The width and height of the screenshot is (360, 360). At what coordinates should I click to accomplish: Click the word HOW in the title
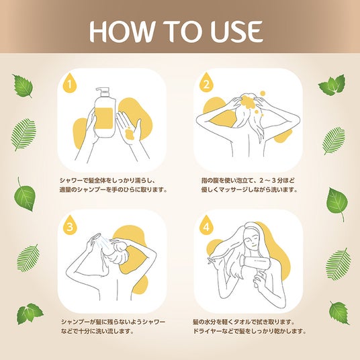[x=122, y=32]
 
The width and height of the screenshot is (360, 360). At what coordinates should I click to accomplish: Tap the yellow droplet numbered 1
[x=70, y=83]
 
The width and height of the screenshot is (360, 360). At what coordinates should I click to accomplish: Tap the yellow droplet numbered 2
[x=206, y=83]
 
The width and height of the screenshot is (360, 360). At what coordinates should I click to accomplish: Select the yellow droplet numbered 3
[x=70, y=226]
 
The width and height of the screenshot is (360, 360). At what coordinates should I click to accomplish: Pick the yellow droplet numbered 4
[x=206, y=226]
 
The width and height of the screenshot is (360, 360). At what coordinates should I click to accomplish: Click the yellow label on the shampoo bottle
[x=104, y=118]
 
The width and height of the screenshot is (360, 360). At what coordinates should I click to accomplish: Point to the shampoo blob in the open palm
[x=130, y=134]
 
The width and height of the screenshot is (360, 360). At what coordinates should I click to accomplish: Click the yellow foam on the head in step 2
[x=247, y=102]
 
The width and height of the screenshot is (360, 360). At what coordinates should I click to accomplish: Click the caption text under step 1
[x=113, y=185]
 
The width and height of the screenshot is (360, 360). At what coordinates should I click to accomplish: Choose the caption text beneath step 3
[x=113, y=326]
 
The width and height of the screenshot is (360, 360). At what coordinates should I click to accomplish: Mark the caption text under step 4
[x=250, y=326]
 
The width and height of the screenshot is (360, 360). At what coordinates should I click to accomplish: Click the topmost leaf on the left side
[x=23, y=86]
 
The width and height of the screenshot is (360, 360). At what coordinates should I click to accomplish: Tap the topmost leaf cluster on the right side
[x=332, y=85]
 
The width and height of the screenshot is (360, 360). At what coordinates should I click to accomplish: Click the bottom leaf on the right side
[x=339, y=313]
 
